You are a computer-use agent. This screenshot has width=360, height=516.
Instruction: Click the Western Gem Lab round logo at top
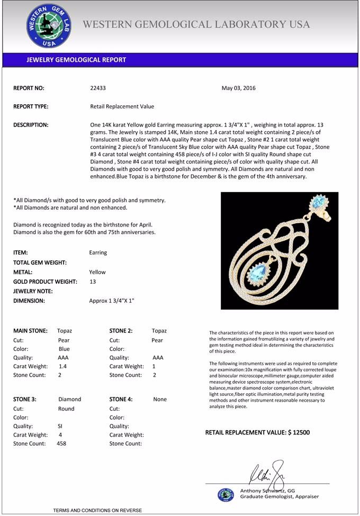pos(48,26)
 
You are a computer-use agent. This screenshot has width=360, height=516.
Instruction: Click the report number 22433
pos(98,88)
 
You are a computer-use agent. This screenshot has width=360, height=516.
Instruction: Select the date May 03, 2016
pos(238,88)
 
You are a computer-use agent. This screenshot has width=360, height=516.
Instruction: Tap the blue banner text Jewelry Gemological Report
pos(76,60)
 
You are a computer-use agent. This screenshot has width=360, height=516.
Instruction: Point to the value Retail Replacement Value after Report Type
pos(122,106)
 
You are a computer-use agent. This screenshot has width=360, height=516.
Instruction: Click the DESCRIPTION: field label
pos(31,125)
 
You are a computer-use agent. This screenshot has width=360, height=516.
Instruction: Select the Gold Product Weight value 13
pos(93,282)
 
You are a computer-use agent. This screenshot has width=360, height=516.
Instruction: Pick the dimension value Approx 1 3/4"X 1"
pos(112,301)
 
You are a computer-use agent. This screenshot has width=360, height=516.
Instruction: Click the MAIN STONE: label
pos(30,331)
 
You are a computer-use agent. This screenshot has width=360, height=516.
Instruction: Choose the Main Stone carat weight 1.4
pos(62,366)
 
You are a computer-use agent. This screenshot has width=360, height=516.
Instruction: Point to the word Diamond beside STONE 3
pos(69,399)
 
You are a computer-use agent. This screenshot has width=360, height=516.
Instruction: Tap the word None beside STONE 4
pos(160,399)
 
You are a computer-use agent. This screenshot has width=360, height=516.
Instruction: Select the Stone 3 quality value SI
pos(60,426)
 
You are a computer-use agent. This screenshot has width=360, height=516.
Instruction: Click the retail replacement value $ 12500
pos(299,432)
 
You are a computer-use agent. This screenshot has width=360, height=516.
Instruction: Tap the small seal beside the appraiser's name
pos(226,494)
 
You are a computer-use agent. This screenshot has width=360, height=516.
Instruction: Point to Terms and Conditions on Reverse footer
pos(97,510)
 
